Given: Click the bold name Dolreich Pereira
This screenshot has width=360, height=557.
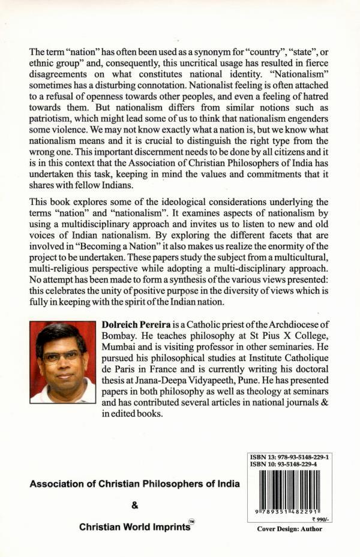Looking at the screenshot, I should tap(133, 324).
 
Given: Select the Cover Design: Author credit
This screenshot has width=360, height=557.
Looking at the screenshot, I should tap(289, 529).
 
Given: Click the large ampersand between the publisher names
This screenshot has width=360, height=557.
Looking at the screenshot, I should tap(134, 505).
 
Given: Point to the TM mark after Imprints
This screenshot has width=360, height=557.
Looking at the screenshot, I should tap(192, 522).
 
